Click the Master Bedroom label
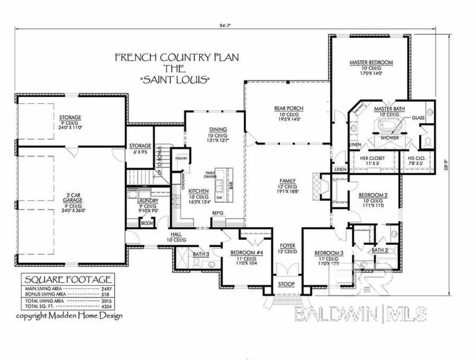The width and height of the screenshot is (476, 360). click(371, 63)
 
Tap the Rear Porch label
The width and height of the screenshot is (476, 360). click(288, 109)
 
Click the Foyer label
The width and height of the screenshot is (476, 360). click(287, 246)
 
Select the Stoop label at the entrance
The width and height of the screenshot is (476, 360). click(287, 284)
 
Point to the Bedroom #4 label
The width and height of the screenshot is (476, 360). click(243, 253)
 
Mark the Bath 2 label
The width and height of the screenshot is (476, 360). click(379, 249)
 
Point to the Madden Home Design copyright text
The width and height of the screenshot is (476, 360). click(69, 316)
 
